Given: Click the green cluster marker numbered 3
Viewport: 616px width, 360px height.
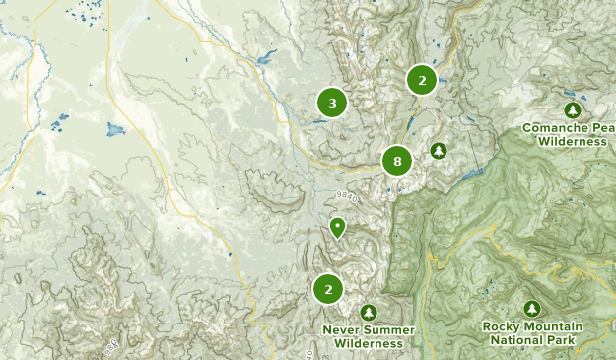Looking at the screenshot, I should [332, 103].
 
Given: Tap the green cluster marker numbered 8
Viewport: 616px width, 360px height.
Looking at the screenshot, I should [397, 162].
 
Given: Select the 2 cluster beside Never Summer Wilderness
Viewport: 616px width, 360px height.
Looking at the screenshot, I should [328, 290].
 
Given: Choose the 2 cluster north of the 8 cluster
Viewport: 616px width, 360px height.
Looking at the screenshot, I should [422, 81].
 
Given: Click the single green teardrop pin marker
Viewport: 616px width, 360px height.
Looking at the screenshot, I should [338, 228].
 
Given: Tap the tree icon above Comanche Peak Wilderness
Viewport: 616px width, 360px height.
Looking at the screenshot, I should [572, 109].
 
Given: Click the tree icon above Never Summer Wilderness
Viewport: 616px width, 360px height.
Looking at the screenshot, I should [369, 312].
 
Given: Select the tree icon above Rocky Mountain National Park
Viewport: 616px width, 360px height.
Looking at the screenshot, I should [532, 309].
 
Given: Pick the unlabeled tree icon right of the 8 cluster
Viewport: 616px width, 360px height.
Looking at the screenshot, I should [439, 151].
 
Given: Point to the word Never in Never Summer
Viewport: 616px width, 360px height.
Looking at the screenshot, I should [340, 329].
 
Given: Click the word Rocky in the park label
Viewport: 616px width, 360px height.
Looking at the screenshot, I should [502, 326].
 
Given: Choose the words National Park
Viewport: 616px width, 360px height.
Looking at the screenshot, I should [532, 340].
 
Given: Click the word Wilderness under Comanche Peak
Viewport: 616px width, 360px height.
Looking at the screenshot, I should [573, 142].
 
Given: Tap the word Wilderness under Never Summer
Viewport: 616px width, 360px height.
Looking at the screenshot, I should [369, 343].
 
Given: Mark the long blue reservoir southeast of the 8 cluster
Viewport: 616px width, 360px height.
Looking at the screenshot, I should [472, 173].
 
